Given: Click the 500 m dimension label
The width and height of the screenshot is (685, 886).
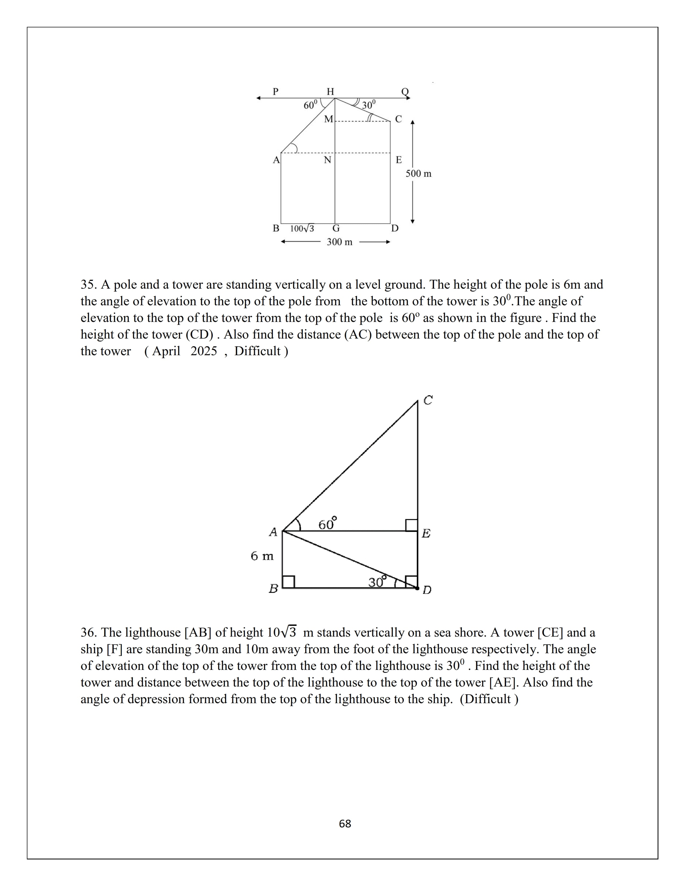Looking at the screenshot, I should pyautogui.click(x=418, y=174).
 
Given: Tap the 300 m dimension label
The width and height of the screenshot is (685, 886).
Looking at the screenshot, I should pyautogui.click(x=340, y=242).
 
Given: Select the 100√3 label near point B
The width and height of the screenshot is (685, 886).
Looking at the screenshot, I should pyautogui.click(x=302, y=228).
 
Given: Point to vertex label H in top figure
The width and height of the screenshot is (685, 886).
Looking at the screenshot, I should pyautogui.click(x=330, y=92).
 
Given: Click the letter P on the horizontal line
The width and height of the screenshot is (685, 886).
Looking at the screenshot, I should pyautogui.click(x=276, y=91).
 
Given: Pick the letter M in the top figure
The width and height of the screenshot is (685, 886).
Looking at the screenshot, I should pyautogui.click(x=328, y=119).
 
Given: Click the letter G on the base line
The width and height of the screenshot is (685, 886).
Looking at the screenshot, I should pyautogui.click(x=336, y=228).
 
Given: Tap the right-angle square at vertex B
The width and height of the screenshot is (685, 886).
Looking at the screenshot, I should pyautogui.click(x=289, y=582).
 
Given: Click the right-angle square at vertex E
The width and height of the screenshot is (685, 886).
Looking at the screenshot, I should pyautogui.click(x=412, y=525).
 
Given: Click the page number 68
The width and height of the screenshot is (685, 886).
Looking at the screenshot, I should pyautogui.click(x=345, y=823).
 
